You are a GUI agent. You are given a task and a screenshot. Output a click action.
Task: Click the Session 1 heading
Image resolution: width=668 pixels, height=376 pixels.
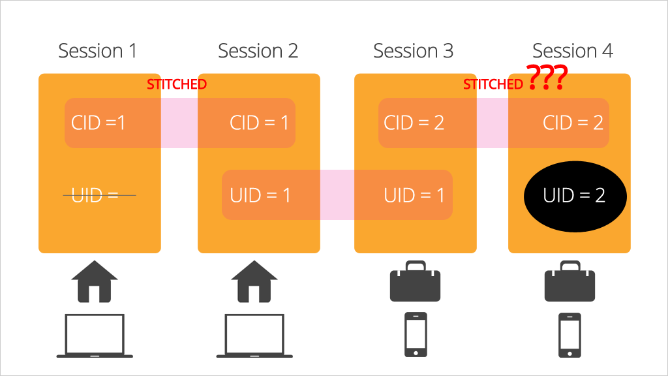point(98,51)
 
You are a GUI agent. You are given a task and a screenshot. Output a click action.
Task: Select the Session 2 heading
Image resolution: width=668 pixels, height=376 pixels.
point(258,51)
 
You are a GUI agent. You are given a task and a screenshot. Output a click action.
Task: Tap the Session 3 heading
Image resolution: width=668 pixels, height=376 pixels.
point(413,51)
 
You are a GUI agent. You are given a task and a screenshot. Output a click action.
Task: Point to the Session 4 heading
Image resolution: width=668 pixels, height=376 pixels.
point(573,51)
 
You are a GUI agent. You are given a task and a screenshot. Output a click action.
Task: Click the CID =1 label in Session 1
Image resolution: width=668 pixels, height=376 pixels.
point(98,123)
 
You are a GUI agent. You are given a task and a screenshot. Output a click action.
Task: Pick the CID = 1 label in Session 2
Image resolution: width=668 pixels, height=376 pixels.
point(259,123)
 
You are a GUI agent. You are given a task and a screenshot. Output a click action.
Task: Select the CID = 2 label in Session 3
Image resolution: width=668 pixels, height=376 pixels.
point(414,123)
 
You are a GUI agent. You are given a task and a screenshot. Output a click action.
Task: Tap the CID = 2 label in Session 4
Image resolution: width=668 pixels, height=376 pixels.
point(573,123)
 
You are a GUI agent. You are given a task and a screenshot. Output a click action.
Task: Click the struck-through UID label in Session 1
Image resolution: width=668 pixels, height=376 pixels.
point(95,195)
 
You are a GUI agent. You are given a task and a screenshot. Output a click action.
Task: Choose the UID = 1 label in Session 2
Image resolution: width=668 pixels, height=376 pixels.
point(260,195)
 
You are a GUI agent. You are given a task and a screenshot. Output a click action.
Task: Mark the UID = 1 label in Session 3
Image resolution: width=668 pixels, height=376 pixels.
point(414,195)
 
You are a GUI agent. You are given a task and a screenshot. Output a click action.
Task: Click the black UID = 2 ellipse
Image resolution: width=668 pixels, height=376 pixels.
point(575,196)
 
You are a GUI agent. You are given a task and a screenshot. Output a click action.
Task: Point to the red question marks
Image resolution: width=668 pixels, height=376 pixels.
point(547,77)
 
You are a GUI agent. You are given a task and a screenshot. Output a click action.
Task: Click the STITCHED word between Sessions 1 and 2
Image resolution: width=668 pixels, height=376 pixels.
point(177,84)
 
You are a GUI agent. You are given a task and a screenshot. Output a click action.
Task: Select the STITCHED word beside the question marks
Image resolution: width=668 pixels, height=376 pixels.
point(493,84)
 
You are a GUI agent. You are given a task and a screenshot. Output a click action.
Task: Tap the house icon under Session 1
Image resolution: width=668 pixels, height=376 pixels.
point(95,281)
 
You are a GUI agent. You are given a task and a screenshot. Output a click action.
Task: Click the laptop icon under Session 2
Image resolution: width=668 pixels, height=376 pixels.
point(254,336)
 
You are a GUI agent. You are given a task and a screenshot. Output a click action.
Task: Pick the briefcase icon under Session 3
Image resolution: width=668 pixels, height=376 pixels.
point(416,281)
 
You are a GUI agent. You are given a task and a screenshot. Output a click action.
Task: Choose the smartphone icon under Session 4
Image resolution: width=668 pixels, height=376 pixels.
point(569,335)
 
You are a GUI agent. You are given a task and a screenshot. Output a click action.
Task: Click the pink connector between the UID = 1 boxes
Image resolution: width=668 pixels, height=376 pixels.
point(337,195)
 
